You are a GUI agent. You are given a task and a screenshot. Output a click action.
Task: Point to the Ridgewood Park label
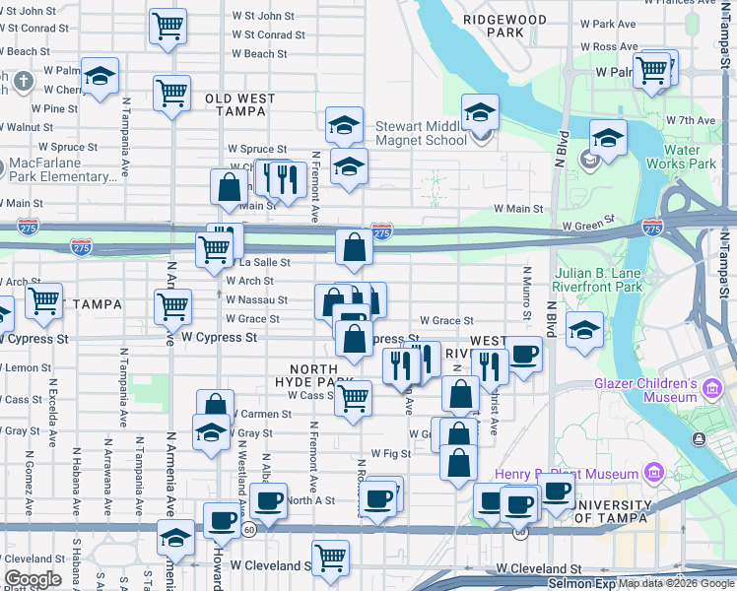[503, 25]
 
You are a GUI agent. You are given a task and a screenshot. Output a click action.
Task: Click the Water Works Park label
[681, 157]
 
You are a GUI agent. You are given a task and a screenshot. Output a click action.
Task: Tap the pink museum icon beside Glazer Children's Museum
[713, 392]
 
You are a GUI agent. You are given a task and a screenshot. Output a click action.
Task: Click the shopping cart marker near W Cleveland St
[331, 558]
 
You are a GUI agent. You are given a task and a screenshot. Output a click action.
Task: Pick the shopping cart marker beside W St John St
[168, 25]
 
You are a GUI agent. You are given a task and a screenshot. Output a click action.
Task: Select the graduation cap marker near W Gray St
[211, 432]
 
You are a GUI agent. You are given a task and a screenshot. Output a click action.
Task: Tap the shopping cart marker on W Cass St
[353, 399]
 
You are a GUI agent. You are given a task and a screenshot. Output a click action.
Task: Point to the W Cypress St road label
[219, 337]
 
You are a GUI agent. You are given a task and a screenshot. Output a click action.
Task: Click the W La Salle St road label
[264, 263]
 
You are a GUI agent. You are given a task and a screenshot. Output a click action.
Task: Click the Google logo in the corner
[33, 579]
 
